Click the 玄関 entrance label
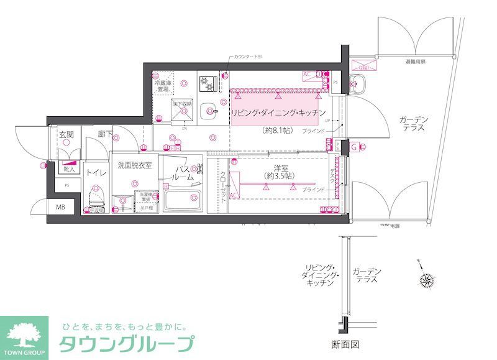pos(66,135)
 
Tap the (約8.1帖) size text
pos(276,131)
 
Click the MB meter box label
pos(62,207)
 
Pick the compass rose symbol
pos(427,280)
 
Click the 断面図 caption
pos(345,344)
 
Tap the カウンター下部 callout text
pos(248,57)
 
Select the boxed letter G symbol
pos(353,147)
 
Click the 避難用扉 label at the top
pos(417,62)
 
